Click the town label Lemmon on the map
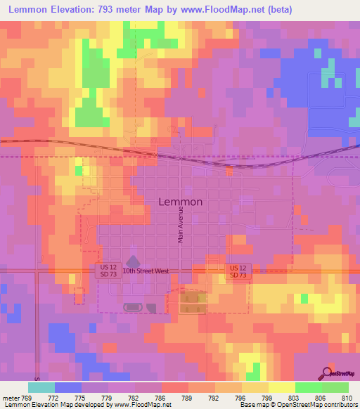click(x=181, y=202)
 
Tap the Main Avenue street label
click(x=180, y=228)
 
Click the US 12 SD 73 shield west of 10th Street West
click(x=108, y=271)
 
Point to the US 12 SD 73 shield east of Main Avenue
click(x=238, y=271)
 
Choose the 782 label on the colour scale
click(x=134, y=398)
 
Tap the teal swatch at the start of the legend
click(x=41, y=387)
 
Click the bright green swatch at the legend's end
click(x=335, y=387)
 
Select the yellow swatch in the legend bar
click(x=282, y=387)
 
